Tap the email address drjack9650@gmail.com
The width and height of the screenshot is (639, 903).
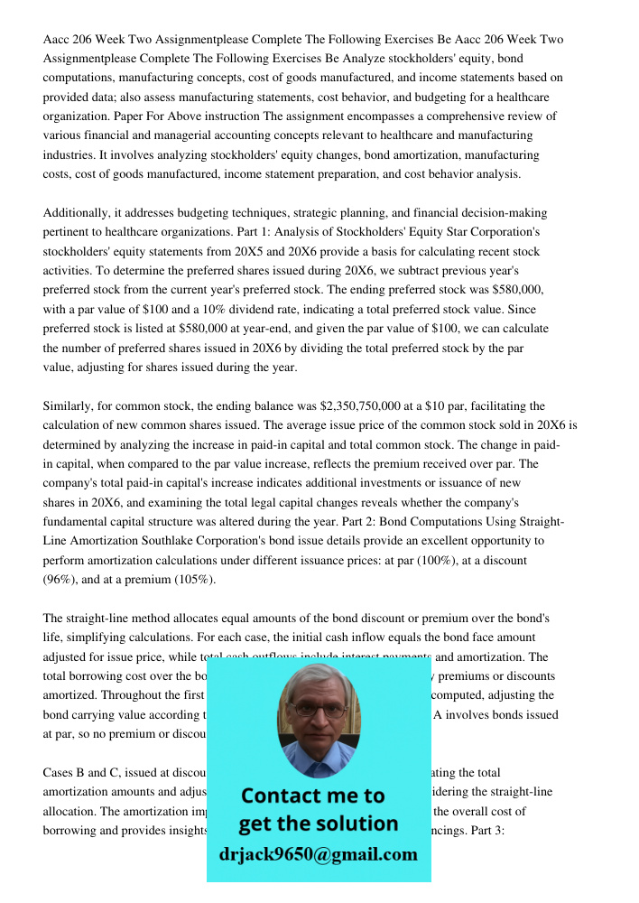319,853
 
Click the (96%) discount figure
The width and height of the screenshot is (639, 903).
62,579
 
